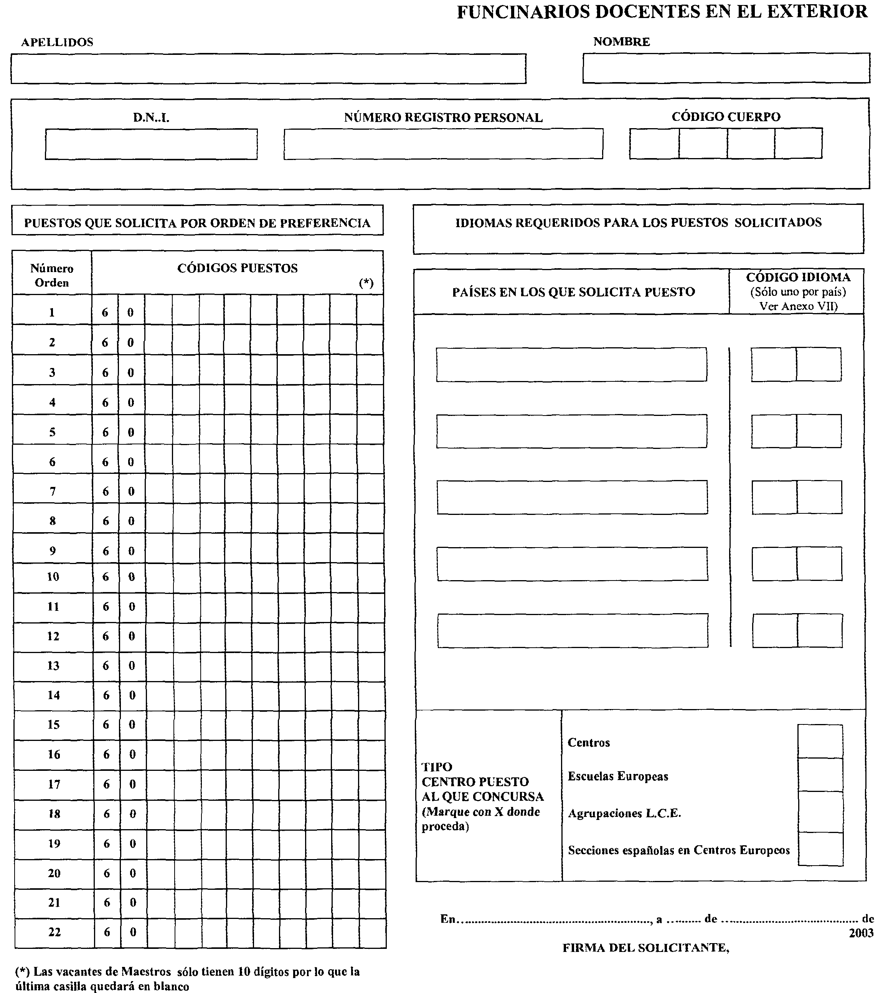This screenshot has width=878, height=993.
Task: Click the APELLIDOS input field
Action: coord(268,69)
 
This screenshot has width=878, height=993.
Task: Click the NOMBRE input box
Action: coord(726,68)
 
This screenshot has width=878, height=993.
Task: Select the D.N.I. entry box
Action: coord(151,144)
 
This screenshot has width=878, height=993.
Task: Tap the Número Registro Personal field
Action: coord(443,144)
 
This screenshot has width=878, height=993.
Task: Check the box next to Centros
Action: coord(820,741)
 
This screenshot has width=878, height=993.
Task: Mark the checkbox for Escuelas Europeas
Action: coord(820,775)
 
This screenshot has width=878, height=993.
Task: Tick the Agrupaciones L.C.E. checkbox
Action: coord(820,812)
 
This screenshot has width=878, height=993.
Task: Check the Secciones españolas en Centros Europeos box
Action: coord(820,849)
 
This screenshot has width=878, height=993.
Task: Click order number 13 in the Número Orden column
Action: coord(53,666)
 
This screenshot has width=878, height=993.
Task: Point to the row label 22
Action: coord(54,932)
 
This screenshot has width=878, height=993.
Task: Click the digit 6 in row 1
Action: coord(105,312)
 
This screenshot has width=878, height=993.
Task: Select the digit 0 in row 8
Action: coord(131,521)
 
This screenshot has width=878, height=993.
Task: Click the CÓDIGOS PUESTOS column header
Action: coord(237,268)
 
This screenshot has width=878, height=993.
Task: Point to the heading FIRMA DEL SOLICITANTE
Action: coord(646,948)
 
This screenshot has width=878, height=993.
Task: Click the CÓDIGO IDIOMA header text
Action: coord(798,277)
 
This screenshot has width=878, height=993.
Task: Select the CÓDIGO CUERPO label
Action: coord(726,117)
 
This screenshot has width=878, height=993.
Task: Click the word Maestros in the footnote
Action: coord(146,972)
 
